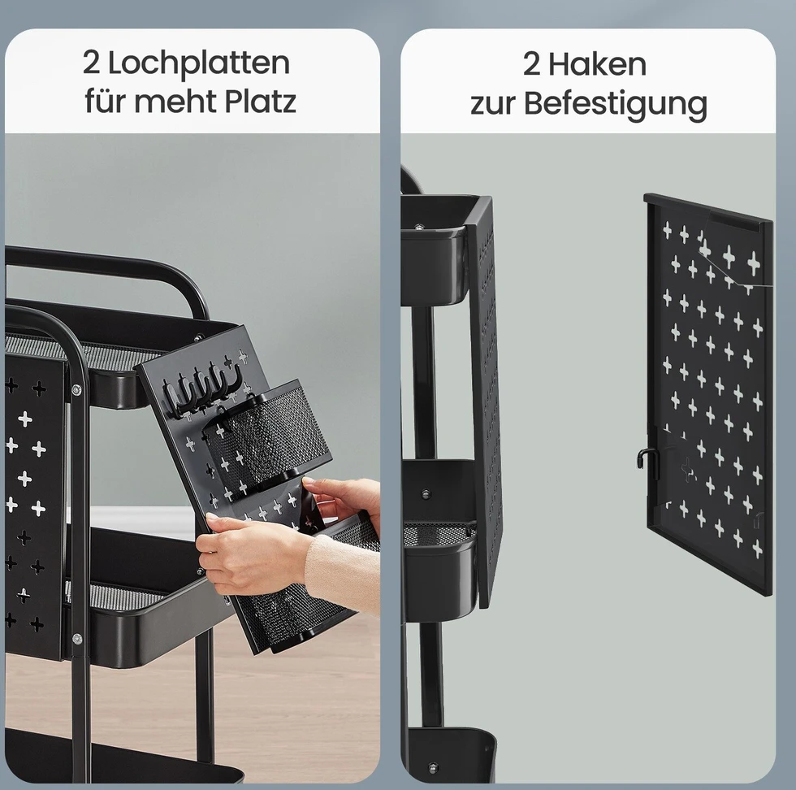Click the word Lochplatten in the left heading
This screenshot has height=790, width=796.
coord(198,63)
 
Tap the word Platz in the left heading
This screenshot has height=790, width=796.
coord(261,101)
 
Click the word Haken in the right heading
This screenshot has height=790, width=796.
coord(597,64)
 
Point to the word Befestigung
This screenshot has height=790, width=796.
coord(616,104)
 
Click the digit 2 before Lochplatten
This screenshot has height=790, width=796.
coord(91,63)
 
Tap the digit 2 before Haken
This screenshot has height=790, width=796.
coord(531,64)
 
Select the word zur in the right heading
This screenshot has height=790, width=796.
coord(492,104)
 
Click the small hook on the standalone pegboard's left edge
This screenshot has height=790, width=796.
coord(642,458)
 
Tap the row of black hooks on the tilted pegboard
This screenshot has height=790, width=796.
coord(201,387)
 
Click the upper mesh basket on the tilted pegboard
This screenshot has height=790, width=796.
coord(266,432)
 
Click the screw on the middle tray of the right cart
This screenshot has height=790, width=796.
coord(426,493)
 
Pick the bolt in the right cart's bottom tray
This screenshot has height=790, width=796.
coord(433,766)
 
